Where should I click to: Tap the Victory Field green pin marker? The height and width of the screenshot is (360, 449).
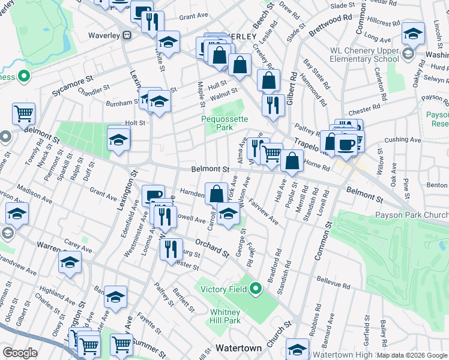point(255,289)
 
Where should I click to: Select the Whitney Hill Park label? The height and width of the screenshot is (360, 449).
point(225,316)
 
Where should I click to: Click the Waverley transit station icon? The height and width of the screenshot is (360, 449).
point(127,35)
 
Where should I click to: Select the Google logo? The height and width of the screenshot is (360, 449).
point(20,353)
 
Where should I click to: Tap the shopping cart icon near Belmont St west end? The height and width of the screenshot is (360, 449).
point(23,112)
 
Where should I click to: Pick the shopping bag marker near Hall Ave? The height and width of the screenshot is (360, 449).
point(292,161)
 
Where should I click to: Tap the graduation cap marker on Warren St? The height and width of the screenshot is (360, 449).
point(70,262)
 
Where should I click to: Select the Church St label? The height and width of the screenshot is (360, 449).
point(279,333)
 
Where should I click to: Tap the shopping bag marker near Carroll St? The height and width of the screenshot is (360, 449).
point(216,194)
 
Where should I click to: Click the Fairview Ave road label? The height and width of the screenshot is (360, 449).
point(264,213)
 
